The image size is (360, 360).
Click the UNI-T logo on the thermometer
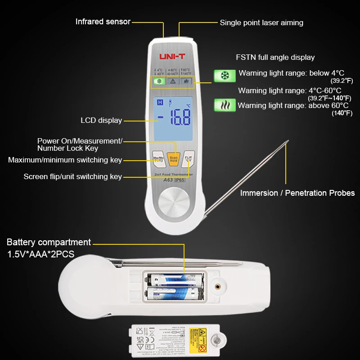point(172,57)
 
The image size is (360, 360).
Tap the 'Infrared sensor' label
point(103,22)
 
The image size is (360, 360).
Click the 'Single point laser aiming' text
point(261,22)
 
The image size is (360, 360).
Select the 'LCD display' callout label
point(101,120)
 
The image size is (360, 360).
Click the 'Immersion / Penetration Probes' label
point(297,193)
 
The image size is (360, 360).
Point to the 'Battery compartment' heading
point(49,243)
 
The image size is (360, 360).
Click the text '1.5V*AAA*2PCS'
point(40,254)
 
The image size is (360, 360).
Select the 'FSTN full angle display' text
point(275,57)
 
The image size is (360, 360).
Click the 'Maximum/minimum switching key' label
point(65,160)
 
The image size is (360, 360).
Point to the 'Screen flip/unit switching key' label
point(72,177)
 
